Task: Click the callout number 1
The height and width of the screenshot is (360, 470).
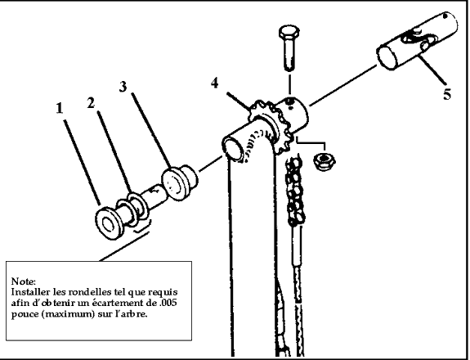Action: (60, 108)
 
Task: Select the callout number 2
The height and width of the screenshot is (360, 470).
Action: (91, 103)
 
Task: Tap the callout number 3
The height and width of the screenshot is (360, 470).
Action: (123, 87)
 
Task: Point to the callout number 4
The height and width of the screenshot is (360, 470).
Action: (215, 83)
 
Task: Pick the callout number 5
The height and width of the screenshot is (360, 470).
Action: (447, 95)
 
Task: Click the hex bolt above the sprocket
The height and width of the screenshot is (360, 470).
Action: (289, 48)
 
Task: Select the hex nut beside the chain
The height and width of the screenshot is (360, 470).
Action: (324, 161)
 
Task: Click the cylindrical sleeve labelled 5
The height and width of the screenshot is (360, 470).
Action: (417, 41)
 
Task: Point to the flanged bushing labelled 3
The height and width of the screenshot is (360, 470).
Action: (179, 182)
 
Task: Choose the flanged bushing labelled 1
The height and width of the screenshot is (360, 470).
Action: (109, 223)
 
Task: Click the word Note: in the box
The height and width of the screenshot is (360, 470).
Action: (24, 281)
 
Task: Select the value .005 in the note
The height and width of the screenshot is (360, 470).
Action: (168, 303)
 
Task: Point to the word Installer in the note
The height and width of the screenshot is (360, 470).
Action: (30, 292)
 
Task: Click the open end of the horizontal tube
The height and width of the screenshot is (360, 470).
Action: (233, 149)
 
